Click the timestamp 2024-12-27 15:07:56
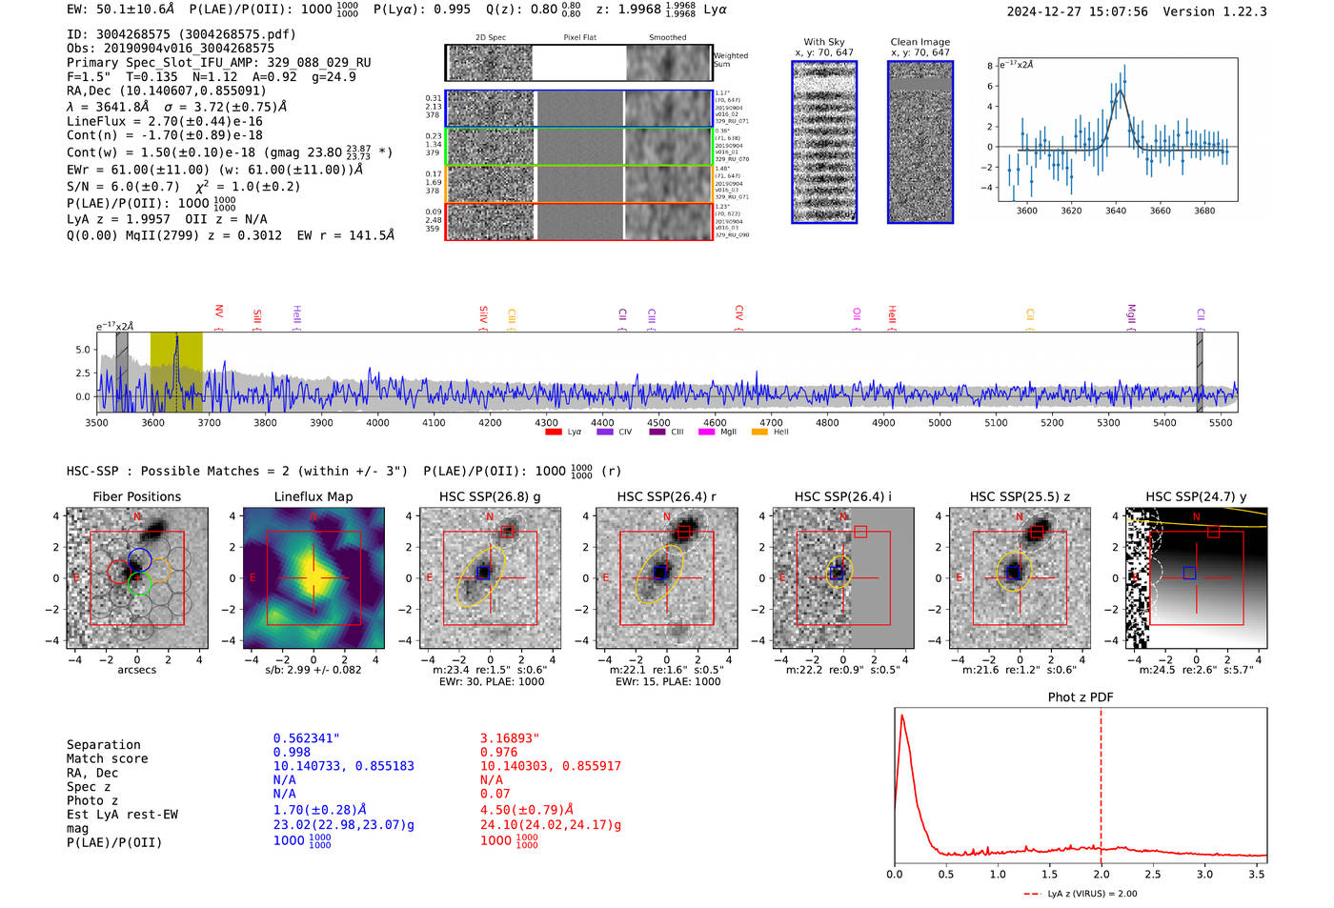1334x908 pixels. (1077, 11)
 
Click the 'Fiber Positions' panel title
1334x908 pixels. (136, 496)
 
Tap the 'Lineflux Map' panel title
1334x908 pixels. (313, 496)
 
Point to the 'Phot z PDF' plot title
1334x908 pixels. (1080, 696)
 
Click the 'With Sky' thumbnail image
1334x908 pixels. (824, 142)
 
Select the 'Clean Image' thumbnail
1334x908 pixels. (920, 142)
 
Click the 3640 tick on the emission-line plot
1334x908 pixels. (1115, 211)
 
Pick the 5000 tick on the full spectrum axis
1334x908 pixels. (940, 422)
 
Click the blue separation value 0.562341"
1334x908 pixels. (306, 738)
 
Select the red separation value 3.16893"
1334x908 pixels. (510, 738)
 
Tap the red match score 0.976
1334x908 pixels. (498, 752)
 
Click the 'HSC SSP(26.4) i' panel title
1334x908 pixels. (842, 496)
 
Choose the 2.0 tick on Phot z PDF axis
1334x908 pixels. (1101, 874)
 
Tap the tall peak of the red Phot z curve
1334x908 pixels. (901, 716)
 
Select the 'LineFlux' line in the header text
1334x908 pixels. (164, 121)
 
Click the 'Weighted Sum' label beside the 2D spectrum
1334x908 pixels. (730, 60)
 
